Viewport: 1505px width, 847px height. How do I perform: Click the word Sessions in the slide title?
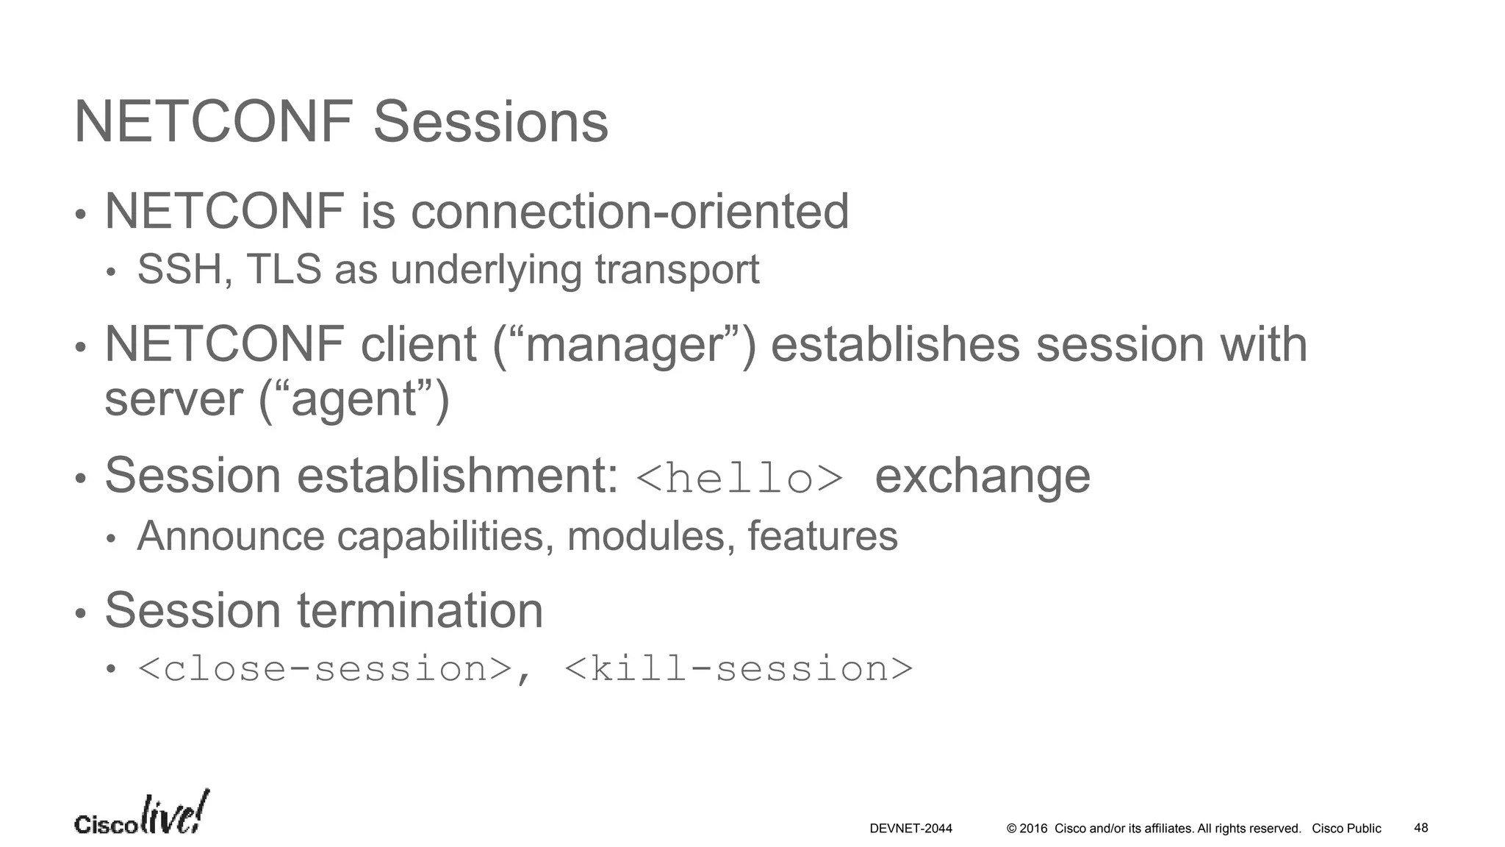click(491, 122)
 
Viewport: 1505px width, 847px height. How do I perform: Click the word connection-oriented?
click(629, 212)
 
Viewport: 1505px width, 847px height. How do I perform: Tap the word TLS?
click(284, 269)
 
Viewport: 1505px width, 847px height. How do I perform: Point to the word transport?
click(677, 271)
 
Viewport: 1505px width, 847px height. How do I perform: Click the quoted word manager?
click(624, 346)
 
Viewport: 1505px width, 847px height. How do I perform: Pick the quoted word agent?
click(354, 400)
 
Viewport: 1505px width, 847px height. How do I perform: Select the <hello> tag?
click(739, 479)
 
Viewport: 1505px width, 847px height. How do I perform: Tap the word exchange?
click(983, 476)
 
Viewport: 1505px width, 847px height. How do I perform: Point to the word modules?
click(651, 536)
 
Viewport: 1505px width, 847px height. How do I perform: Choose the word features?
click(822, 536)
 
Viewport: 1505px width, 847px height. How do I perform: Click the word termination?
click(420, 610)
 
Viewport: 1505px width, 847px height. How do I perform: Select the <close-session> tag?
click(324, 669)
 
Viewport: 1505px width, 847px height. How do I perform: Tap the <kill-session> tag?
click(739, 669)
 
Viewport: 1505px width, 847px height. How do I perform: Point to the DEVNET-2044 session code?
click(910, 829)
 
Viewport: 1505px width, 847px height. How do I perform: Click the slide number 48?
click(1421, 828)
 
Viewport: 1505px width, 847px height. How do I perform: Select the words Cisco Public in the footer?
click(1346, 829)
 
